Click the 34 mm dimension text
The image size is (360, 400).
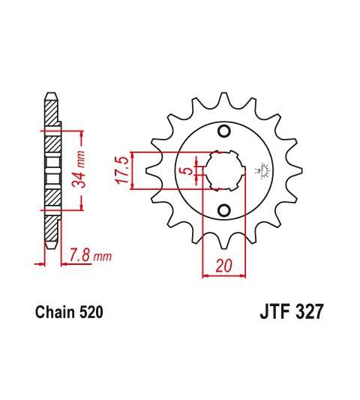[78, 169]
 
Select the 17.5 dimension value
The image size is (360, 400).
[121, 170]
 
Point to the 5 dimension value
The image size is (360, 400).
[189, 170]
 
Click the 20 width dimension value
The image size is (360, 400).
[224, 266]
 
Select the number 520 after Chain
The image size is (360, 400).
[91, 311]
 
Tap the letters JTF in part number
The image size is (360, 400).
[274, 311]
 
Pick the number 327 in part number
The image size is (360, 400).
[309, 311]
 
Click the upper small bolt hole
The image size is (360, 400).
[224, 131]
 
